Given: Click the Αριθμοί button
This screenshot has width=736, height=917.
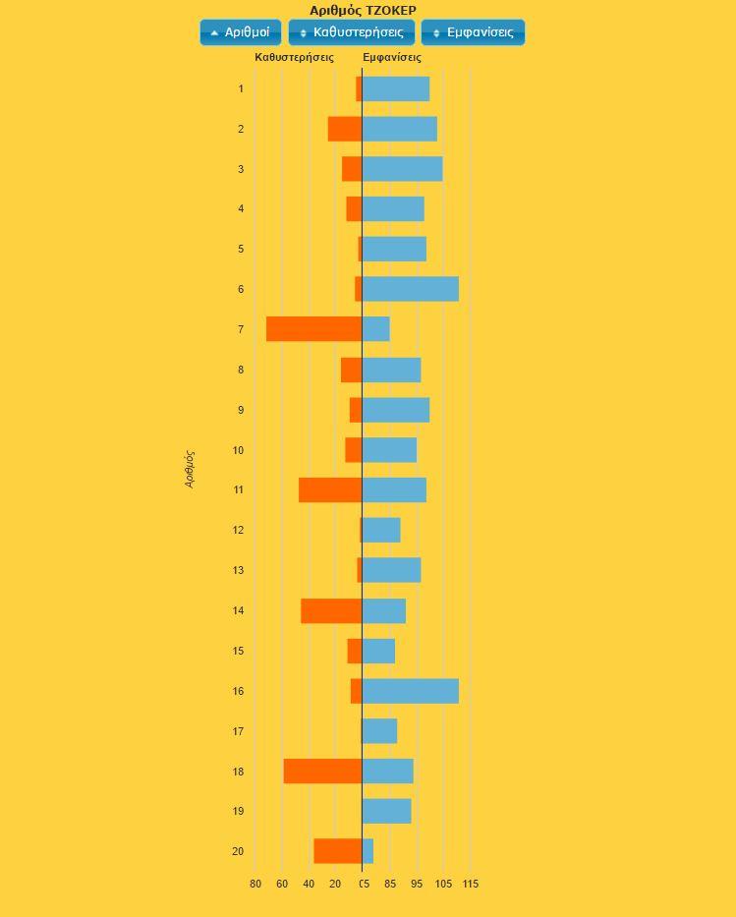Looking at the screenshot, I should click(x=241, y=32).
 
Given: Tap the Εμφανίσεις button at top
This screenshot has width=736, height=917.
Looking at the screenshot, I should click(x=473, y=32).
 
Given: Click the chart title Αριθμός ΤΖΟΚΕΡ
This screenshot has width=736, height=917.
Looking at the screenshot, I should click(x=363, y=11).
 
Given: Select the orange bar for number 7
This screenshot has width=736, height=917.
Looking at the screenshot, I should click(x=313, y=329).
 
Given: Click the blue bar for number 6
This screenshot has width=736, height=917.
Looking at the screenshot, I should click(x=411, y=289).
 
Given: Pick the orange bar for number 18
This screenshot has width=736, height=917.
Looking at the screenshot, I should click(x=322, y=772).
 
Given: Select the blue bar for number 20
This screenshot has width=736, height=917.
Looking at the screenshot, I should click(x=368, y=851).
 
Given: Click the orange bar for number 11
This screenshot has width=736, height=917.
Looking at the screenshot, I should click(x=330, y=489).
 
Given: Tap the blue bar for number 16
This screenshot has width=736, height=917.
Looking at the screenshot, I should click(x=411, y=691).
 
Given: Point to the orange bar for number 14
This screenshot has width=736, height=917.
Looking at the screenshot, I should click(x=331, y=610).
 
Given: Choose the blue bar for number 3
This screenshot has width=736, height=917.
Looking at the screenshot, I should click(x=402, y=169).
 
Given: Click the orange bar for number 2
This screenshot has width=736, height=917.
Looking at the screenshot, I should click(x=345, y=129).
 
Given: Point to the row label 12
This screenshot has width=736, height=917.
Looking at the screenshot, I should click(x=238, y=531).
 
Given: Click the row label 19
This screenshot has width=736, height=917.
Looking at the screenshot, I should click(x=238, y=812).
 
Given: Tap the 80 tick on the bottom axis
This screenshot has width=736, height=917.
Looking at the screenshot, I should click(x=255, y=885).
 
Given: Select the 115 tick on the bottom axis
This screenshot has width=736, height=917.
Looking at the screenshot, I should click(x=470, y=885).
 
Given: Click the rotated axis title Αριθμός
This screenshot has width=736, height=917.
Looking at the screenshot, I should click(x=190, y=469).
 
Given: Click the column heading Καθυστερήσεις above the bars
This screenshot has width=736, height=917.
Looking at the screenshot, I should click(x=294, y=57).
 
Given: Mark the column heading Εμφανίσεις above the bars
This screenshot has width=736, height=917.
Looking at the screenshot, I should click(x=392, y=57).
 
